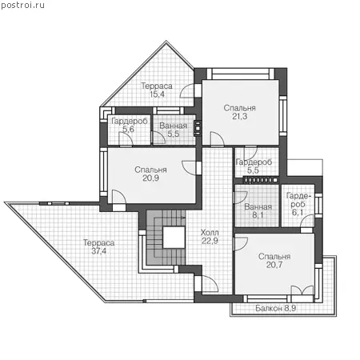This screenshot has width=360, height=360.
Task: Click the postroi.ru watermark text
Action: coord(22,5)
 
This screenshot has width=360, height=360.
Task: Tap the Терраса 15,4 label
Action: coord(157,90)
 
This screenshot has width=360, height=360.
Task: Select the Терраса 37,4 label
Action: coord(99,246)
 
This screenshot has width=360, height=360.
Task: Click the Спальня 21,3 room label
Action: coord(239,112)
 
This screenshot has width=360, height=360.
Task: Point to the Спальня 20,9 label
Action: coord(150,174)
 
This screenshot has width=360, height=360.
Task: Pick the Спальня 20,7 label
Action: coord(274,261)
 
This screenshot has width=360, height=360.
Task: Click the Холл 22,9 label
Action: coord(210,237)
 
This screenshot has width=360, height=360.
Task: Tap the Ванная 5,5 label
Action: coord(174,130)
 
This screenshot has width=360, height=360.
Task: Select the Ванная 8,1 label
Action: coord(258,210)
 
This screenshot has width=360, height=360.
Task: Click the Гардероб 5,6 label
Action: coord(130,125)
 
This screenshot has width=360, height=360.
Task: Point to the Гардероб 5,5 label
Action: coord(254,166)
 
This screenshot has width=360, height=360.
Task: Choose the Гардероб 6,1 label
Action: coord(298,204)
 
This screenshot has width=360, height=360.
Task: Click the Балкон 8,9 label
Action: coord(276,308)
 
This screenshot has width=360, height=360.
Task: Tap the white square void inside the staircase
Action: coord(174,238)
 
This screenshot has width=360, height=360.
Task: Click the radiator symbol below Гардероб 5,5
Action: coord(262,180)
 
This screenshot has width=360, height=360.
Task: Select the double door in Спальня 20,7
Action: coord(302,290)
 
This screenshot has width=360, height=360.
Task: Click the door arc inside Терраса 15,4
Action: coord(186,91)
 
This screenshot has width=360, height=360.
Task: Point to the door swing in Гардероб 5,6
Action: coord(126,138)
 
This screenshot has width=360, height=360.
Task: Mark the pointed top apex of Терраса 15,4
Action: coord(166,41)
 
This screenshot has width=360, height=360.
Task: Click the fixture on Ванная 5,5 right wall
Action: coord(198,128)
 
